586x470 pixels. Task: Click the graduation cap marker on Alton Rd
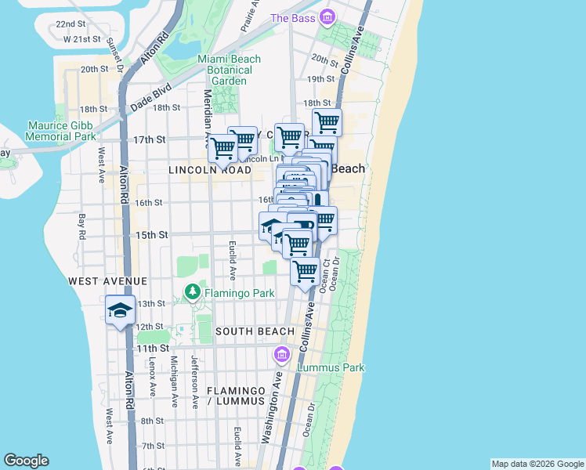120,310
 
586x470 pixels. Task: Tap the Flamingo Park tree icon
193,293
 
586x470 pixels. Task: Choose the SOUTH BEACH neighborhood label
255,331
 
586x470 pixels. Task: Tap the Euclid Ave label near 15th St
233,260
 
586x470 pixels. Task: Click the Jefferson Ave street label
194,381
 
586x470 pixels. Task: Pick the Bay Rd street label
81,226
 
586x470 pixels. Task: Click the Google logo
26,461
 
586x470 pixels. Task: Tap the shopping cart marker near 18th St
327,122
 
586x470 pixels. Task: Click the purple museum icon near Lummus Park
281,356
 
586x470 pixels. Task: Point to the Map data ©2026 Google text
537,464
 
